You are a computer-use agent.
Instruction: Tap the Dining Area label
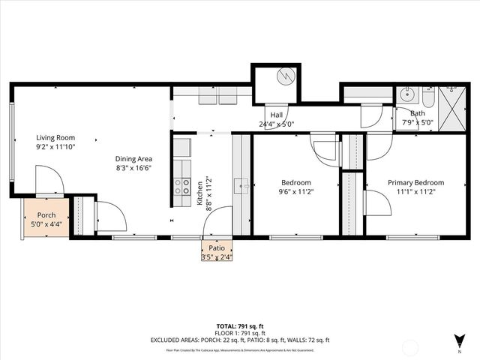[134, 158]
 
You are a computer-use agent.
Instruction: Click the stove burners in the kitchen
[182, 186]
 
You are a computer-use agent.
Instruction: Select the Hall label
[277, 115]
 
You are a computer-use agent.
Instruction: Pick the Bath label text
[418, 114]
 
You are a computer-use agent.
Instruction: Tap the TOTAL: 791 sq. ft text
[241, 326]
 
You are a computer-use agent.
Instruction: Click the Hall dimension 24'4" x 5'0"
[277, 124]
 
